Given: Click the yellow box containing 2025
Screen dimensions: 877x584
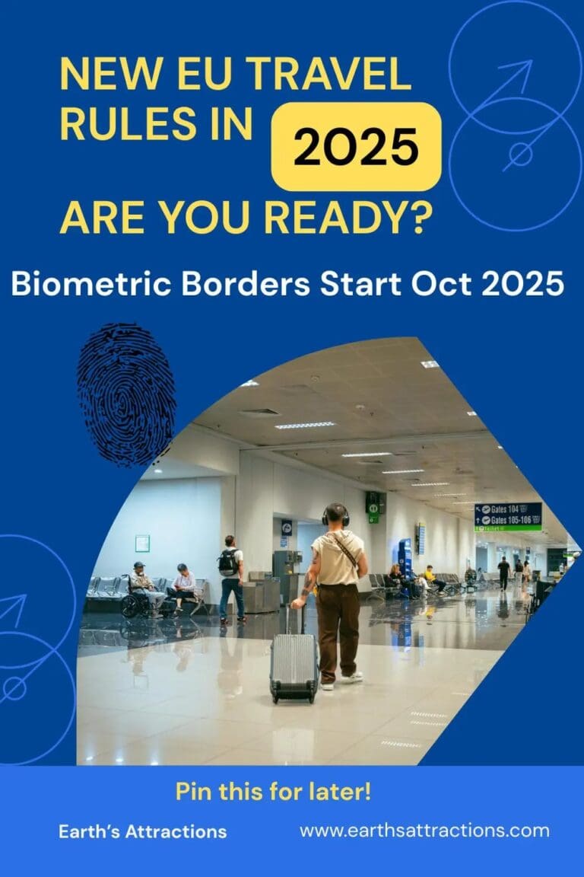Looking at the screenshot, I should [x=356, y=146].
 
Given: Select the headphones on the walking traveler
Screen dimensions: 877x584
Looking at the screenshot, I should [x=335, y=515].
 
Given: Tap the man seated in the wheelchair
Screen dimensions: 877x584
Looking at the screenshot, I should [x=140, y=585].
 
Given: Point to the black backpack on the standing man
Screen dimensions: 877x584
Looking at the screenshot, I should [x=227, y=563].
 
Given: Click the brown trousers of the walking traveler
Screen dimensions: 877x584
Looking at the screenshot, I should [x=338, y=628].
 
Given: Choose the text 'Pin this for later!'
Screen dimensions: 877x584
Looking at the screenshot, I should [x=273, y=792].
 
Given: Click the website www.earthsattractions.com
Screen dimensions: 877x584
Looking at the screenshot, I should [x=424, y=831].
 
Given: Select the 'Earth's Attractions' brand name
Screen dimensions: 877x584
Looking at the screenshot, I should [x=142, y=831].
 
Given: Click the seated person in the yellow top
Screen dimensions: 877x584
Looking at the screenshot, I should [x=430, y=578].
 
